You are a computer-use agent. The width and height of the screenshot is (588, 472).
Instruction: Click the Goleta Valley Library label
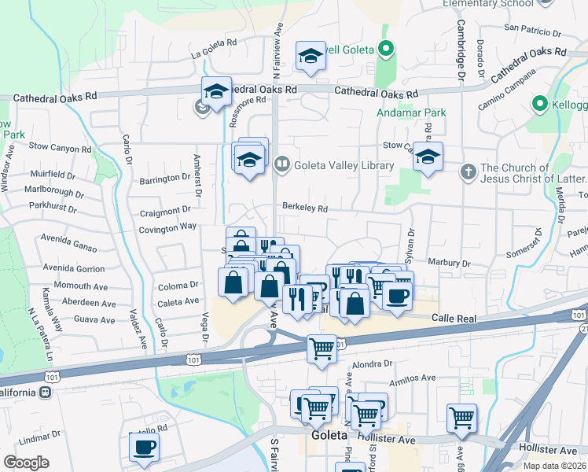pos(344,165)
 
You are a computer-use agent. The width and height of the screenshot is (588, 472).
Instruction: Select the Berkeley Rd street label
pos(305,208)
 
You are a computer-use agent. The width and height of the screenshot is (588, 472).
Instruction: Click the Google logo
pos(26,462)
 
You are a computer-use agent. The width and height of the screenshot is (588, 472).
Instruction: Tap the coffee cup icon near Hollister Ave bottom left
pos(144,447)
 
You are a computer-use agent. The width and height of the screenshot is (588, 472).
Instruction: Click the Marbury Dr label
pos(449,263)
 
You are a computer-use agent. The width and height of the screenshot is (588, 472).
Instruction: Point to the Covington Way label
pos(167,227)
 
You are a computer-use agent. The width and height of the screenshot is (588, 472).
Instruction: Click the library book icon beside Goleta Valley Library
pos(282,164)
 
